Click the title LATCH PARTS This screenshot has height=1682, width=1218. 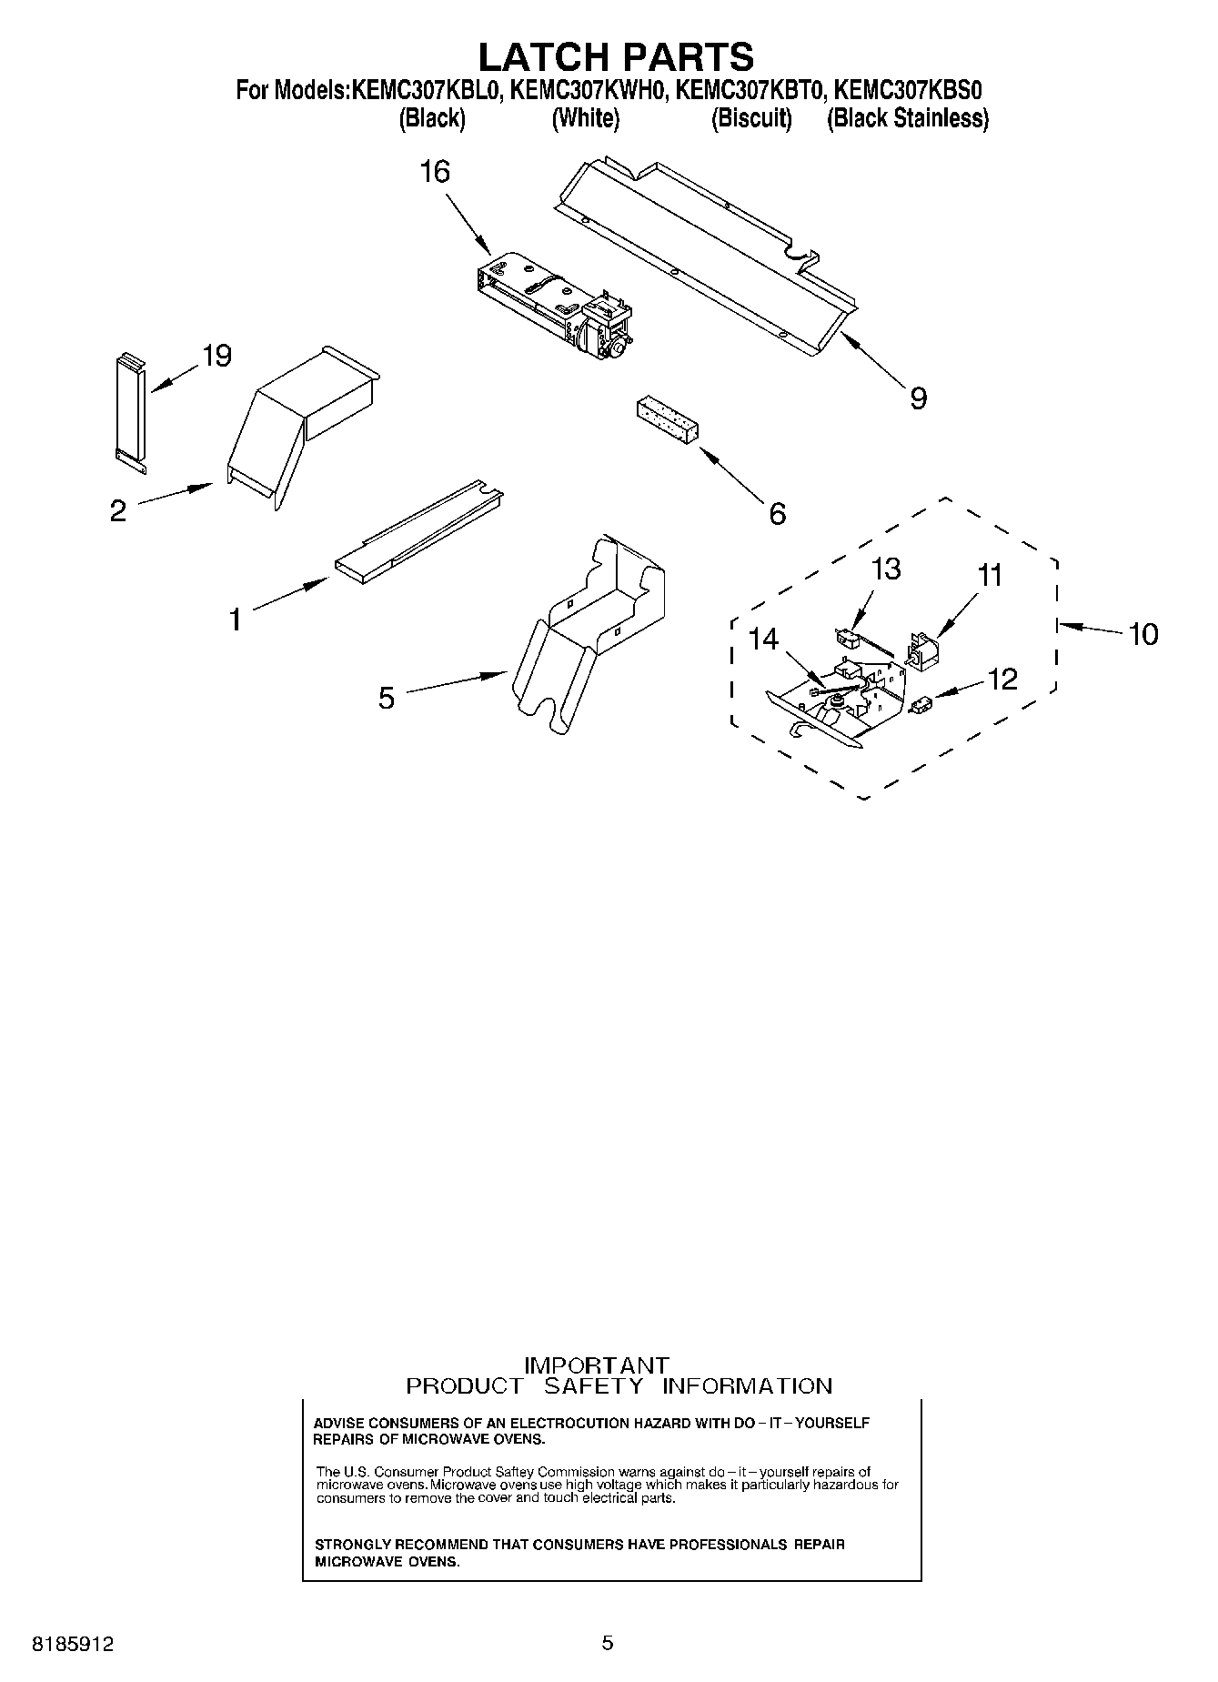(x=616, y=56)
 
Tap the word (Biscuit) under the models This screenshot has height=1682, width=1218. (x=751, y=118)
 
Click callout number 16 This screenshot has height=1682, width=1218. (x=435, y=171)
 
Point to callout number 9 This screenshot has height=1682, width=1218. (x=919, y=398)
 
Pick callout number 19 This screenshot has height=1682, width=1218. (x=216, y=356)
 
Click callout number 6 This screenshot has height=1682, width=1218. (x=777, y=514)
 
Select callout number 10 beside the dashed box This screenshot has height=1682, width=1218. (x=1143, y=633)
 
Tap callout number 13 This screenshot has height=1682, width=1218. (x=885, y=569)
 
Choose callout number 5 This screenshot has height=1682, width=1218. (x=387, y=699)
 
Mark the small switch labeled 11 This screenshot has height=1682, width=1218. (x=924, y=650)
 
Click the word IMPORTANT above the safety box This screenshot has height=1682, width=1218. (x=597, y=1365)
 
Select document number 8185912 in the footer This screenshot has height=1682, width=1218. (x=74, y=1645)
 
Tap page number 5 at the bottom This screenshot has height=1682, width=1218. (x=608, y=1643)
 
